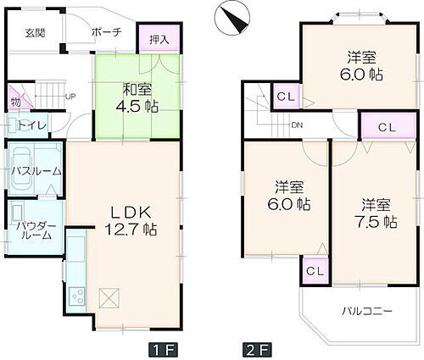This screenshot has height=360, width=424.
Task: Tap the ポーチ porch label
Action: point(105,32)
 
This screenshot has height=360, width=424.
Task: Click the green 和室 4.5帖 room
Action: point(136,97)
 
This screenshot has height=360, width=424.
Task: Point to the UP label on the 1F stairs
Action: point(71,96)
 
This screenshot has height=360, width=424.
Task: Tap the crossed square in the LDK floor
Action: point(109,297)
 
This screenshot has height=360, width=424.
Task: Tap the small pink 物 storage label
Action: point(16,103)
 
